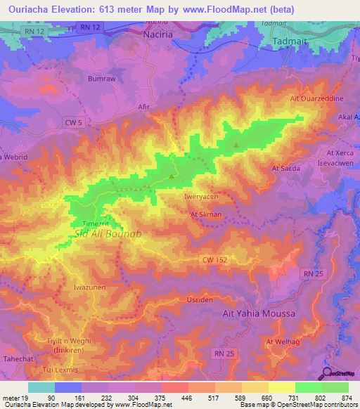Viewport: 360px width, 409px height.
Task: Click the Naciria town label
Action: pyautogui.click(x=158, y=34)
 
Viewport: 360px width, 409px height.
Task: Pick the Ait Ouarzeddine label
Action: pyautogui.click(x=317, y=99)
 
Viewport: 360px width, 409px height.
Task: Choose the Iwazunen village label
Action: pyautogui.click(x=89, y=287)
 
